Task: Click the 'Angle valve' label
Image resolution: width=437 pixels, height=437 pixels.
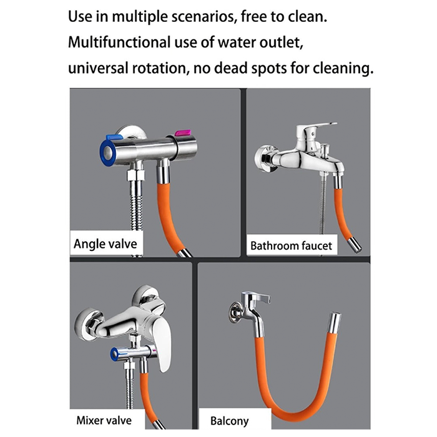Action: (106, 243)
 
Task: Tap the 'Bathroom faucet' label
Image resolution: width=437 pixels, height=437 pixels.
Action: (291, 246)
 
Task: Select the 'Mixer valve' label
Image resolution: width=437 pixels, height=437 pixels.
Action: (103, 420)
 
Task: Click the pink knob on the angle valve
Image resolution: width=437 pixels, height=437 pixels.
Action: (182, 133)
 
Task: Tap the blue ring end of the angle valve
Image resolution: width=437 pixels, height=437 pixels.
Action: (107, 150)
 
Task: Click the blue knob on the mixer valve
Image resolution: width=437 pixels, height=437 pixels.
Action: (116, 354)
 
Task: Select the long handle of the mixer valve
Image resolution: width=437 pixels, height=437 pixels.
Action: (161, 340)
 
